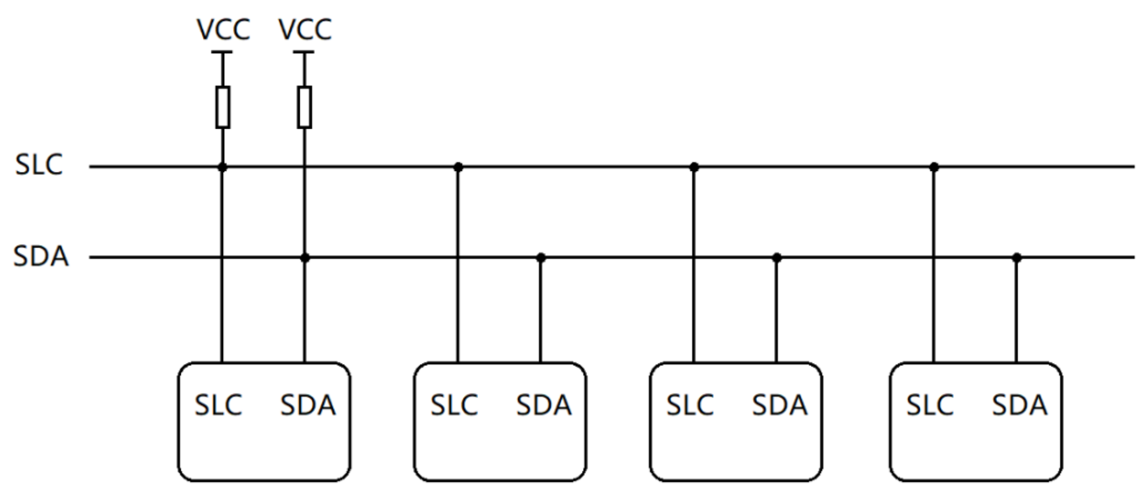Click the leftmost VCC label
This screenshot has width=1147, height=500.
coord(223,30)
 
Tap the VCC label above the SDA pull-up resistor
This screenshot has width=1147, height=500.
coord(305,30)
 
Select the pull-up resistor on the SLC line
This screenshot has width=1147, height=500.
coord(223,107)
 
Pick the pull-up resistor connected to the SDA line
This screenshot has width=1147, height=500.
coord(305,107)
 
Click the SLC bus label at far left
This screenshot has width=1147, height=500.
coord(39,165)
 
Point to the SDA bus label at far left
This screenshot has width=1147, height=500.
coord(41,257)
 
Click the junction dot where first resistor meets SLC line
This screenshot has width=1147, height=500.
coord(222,167)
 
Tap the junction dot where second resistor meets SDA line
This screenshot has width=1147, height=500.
coord(305,258)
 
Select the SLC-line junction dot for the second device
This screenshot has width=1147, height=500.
coord(458,167)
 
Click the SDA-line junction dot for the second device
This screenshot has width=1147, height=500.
coord(541,258)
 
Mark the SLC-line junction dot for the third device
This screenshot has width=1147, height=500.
coord(694,167)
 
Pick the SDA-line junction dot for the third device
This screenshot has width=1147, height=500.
coord(777,258)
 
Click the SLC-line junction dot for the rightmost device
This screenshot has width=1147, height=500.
coord(934,167)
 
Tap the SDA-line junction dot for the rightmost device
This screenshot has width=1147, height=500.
coord(1016,258)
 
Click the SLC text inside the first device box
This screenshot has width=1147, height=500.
coord(218,405)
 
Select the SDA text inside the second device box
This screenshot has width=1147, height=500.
coord(543,405)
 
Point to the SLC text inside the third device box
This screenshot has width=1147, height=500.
coord(690,405)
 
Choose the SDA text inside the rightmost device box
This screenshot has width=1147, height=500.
coord(1019,405)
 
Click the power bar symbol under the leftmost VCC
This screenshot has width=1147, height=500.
coord(222,53)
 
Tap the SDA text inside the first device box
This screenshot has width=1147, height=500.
coord(308,405)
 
